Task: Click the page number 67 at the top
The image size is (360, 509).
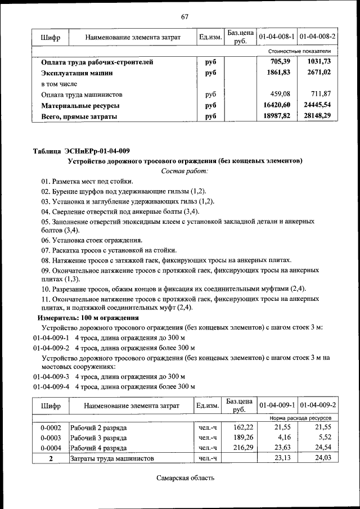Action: pyautogui.click(x=184, y=16)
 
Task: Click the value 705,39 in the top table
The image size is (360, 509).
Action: pyautogui.click(x=280, y=62)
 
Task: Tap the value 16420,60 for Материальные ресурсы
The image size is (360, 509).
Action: pyautogui.click(x=276, y=105)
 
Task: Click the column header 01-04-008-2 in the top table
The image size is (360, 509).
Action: pyautogui.click(x=318, y=37)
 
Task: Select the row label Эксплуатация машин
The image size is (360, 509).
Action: pyautogui.click(x=77, y=73)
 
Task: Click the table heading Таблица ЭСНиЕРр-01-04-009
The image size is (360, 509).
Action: pyautogui.click(x=82, y=150)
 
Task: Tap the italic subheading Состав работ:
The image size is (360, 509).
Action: pyautogui.click(x=184, y=170)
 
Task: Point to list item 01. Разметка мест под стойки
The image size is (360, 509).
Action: pyautogui.click(x=87, y=181)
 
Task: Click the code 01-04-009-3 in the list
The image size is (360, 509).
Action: pyautogui.click(x=51, y=376)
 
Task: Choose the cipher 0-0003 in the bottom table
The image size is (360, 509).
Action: pyautogui.click(x=51, y=437)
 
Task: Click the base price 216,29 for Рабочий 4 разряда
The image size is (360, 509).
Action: pyautogui.click(x=238, y=448)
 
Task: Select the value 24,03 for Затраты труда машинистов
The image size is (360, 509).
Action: pyautogui.click(x=325, y=458)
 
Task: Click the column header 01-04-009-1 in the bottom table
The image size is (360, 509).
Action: pyautogui.click(x=277, y=405)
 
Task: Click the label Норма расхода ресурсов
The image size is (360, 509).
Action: pyautogui.click(x=300, y=418)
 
